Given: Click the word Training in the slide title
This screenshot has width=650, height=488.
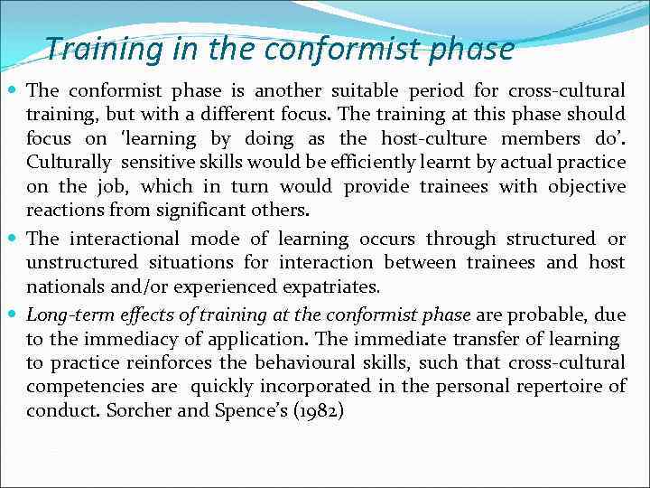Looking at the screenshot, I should (x=96, y=48).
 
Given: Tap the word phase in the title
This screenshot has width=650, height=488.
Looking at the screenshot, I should (x=471, y=48).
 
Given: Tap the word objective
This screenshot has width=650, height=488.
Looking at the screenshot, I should (x=580, y=187).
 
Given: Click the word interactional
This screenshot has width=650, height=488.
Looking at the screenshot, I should (x=120, y=239).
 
